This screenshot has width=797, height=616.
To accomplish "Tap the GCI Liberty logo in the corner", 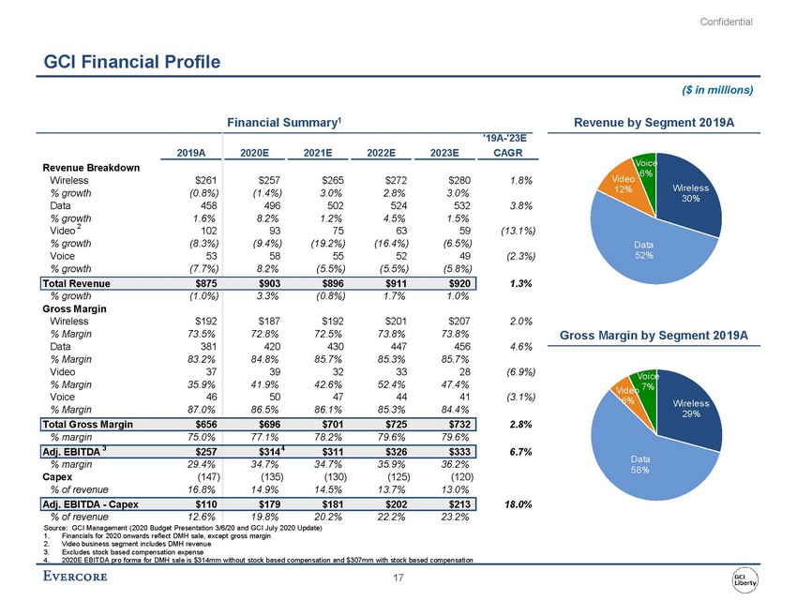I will click(x=745, y=579).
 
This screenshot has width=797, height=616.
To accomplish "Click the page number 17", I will click(x=398, y=577).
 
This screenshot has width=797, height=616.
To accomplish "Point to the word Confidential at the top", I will click(x=727, y=22).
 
